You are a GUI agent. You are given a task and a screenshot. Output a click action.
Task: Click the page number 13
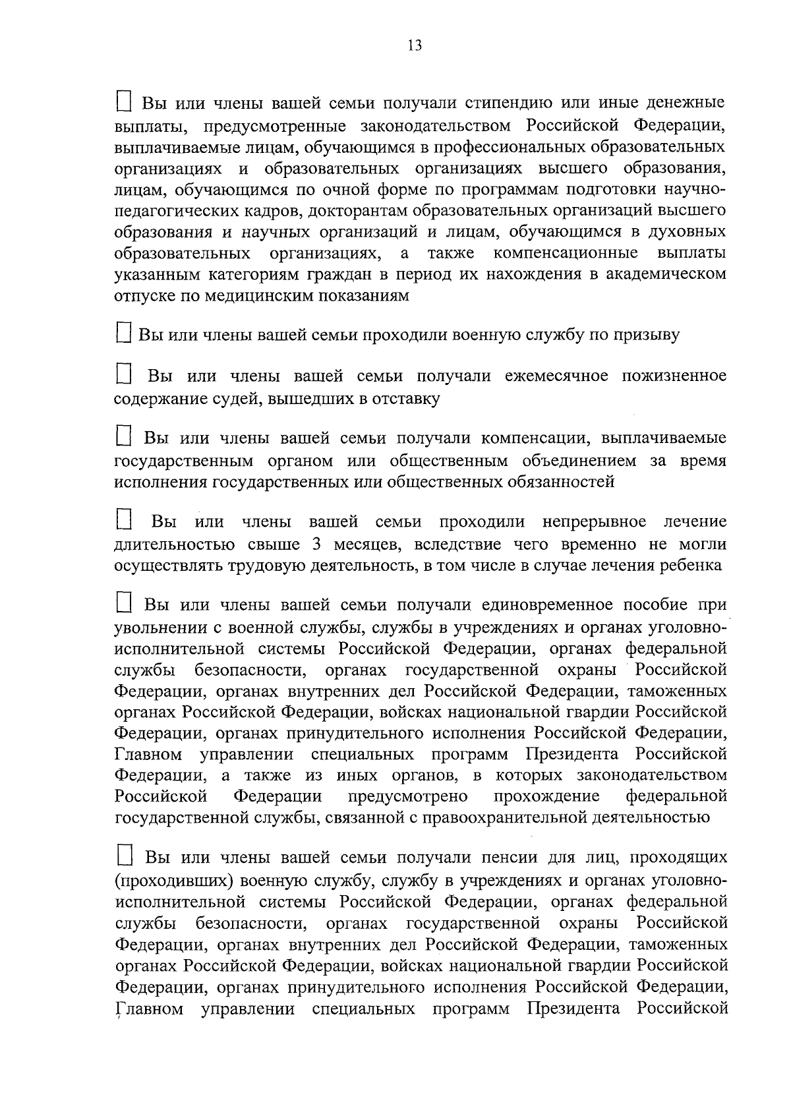(x=414, y=45)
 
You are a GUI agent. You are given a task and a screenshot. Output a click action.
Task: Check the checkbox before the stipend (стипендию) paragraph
(x=124, y=102)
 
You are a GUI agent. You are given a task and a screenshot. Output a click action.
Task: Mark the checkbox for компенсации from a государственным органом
(x=124, y=437)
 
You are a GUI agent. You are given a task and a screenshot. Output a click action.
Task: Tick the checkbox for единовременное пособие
(x=124, y=604)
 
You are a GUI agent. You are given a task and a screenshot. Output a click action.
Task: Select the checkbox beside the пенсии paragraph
(x=124, y=857)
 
